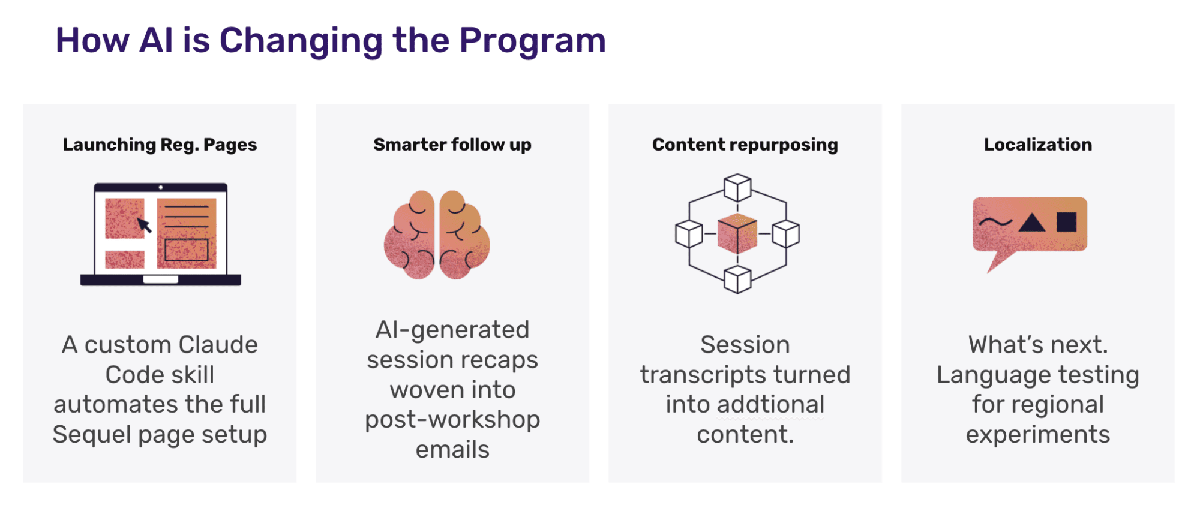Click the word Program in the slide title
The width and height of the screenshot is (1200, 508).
coord(532,41)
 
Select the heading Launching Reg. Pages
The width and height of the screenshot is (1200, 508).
coord(160,145)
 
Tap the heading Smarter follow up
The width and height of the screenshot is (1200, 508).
coord(452,145)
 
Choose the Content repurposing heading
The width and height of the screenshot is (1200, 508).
coord(745,145)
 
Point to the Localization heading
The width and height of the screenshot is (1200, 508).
coord(1038,145)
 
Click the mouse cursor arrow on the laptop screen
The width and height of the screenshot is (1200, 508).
coord(144,225)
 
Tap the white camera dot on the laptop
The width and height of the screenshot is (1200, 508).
coord(161,188)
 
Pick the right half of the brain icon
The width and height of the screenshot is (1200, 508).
coord(464,236)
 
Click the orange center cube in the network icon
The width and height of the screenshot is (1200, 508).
coord(737,233)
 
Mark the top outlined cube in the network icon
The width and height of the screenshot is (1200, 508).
coord(737,188)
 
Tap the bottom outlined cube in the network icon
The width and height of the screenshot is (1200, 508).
coord(737,279)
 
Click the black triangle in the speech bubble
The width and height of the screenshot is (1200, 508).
coord(1032,223)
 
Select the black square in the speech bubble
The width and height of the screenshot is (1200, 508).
coord(1066,221)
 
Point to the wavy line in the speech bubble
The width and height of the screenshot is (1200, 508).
coord(995,223)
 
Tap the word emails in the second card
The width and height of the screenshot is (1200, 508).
coord(452,450)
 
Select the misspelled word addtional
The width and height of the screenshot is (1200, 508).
coord(770,405)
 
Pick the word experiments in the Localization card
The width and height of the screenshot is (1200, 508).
coord(1038,435)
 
